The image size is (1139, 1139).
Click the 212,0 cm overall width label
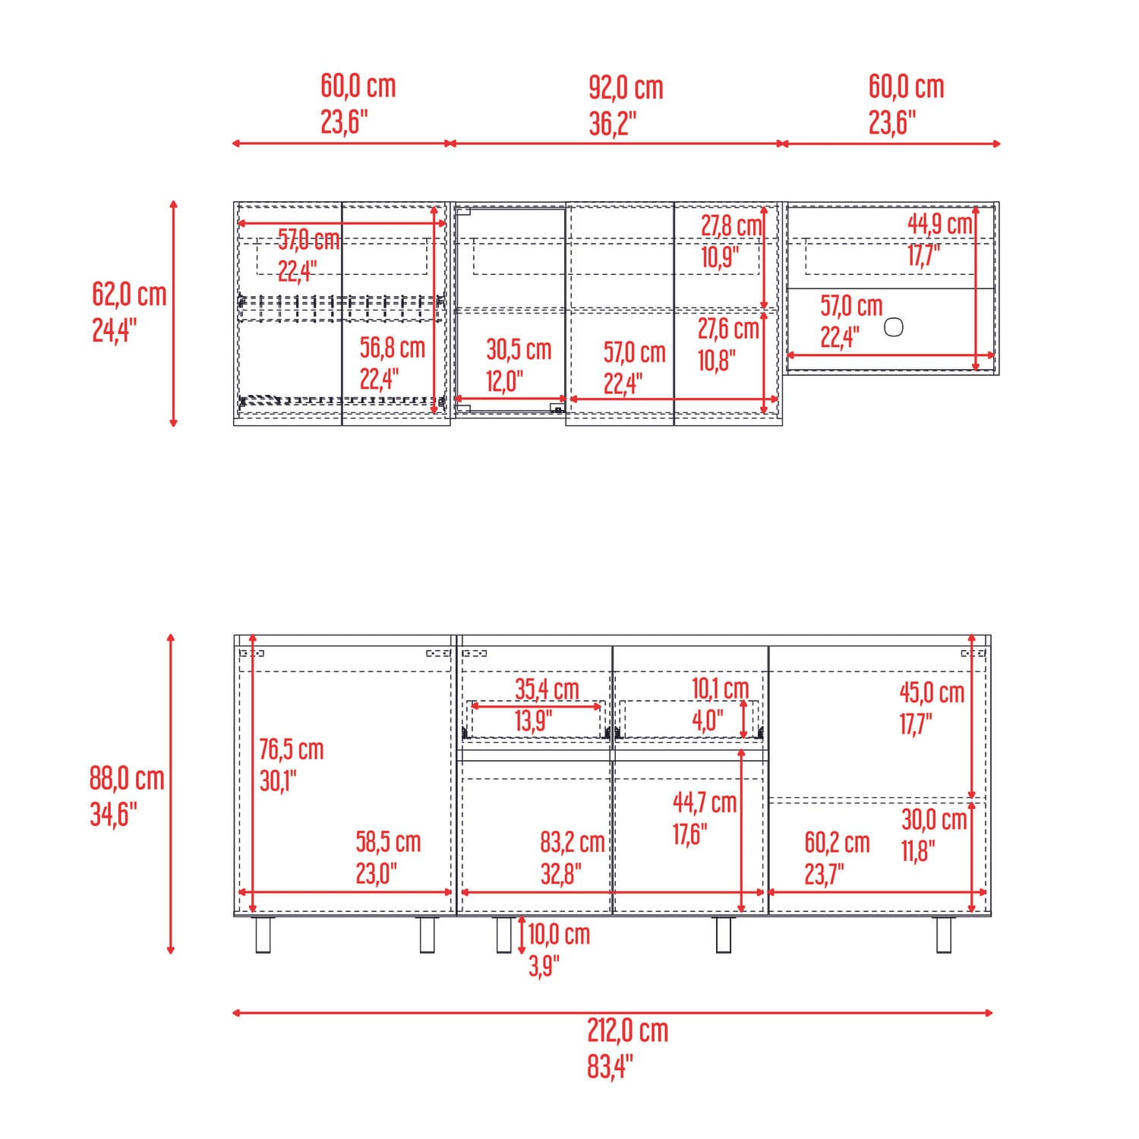(x=627, y=1031)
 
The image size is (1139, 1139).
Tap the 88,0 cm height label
(x=127, y=778)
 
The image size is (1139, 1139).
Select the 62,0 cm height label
(x=129, y=295)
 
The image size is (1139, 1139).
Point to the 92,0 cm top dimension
(x=626, y=88)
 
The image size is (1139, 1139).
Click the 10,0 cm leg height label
(x=559, y=934)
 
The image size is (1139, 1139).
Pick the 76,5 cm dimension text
(x=292, y=749)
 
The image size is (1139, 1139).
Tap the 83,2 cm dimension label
(x=573, y=842)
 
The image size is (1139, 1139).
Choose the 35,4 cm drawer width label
(x=547, y=689)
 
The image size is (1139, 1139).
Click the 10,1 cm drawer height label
(x=720, y=689)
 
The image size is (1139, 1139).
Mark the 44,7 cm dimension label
(x=705, y=802)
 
